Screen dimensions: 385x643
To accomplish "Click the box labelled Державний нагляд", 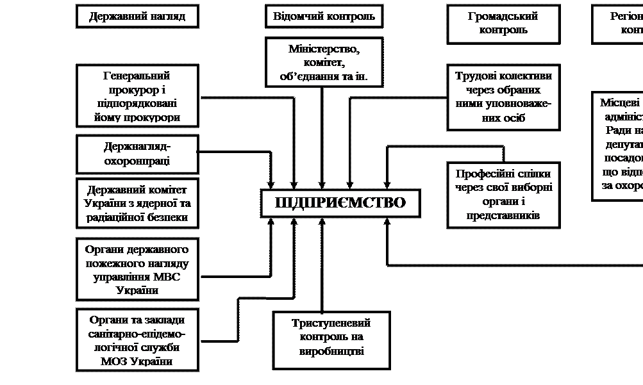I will (x=137, y=17).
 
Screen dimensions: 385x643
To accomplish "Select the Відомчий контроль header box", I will (x=324, y=17).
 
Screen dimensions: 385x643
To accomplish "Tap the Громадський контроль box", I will (x=503, y=24).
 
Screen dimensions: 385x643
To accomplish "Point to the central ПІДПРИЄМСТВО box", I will (x=340, y=203).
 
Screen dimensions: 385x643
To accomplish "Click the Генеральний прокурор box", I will (x=137, y=96).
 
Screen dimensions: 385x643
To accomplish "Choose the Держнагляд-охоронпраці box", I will (x=137, y=154).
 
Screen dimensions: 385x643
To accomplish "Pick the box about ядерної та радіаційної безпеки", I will (x=137, y=203).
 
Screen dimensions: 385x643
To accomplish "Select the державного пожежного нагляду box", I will (x=137, y=269).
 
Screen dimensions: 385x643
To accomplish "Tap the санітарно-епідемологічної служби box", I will (x=137, y=340).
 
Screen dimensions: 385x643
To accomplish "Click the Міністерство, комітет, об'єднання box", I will (x=324, y=63).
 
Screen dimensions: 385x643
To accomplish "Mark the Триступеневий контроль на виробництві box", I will (x=331, y=340).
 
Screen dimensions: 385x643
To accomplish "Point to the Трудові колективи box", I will (x=503, y=97).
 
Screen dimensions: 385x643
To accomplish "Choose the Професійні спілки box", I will (x=503, y=195).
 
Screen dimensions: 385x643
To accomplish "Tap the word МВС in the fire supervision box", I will (x=168, y=277).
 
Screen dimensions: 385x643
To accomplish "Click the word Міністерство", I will (x=324, y=49).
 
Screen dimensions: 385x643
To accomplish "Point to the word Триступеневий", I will (x=331, y=324).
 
